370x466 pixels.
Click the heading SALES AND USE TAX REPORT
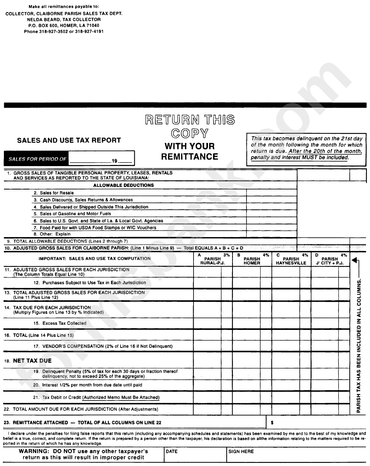pos(69,140)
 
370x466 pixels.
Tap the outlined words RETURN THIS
pos(190,120)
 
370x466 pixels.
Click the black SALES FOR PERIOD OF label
pos(37,159)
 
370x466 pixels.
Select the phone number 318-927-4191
pos(89,32)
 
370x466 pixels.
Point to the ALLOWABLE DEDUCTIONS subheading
pos(123,185)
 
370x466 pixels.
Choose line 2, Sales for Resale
pos(56,193)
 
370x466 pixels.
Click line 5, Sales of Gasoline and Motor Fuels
pos(75,214)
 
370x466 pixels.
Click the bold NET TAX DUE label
pos(32,361)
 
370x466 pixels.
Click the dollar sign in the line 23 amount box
pos(272,422)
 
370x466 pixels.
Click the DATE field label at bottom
pos(172,451)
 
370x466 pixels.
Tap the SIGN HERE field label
pos(241,451)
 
